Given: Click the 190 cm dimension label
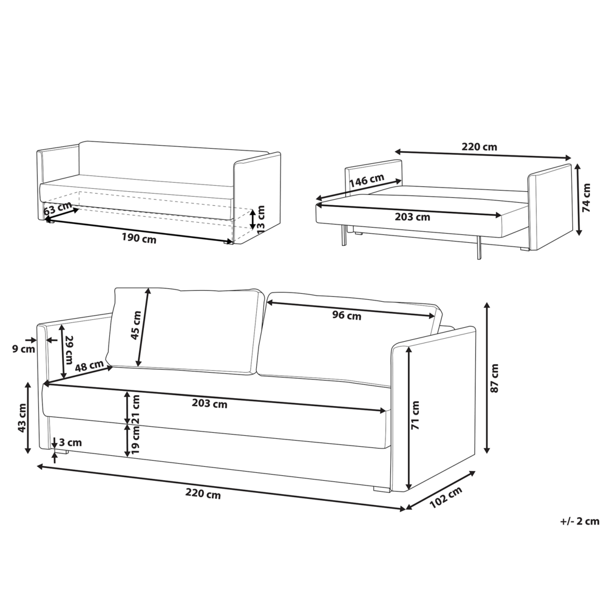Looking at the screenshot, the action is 139,239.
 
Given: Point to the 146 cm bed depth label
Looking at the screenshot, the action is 367,180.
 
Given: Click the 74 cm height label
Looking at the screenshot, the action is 586,197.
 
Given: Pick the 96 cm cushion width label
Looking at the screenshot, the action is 347,316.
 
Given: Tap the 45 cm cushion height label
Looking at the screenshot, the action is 135,325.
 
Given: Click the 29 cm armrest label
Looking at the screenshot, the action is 69,350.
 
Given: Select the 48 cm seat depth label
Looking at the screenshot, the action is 89,365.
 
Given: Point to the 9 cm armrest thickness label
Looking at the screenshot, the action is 24,349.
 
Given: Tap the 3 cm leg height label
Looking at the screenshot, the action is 70,442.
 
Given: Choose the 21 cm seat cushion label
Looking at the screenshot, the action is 136,409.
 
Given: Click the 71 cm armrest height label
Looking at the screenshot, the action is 415,415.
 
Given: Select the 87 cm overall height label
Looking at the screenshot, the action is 494,378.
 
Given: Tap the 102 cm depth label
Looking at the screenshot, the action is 446,498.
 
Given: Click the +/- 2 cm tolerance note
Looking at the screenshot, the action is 580,521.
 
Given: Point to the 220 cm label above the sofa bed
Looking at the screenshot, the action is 480,147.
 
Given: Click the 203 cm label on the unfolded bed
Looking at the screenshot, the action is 412,217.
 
